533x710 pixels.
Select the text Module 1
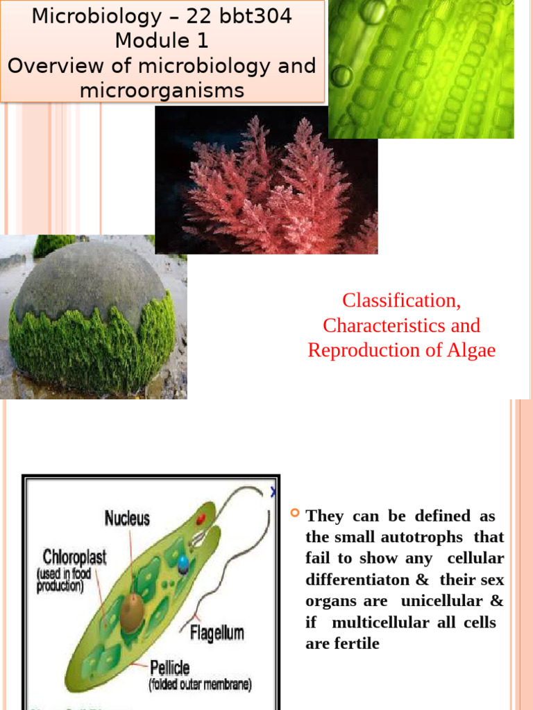pyautogui.click(x=162, y=41)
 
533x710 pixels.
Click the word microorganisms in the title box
pyautogui.click(x=162, y=90)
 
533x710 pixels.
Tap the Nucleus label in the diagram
pyautogui.click(x=127, y=518)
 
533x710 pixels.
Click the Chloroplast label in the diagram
pyautogui.click(x=74, y=556)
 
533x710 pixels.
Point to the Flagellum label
pyautogui.click(x=217, y=632)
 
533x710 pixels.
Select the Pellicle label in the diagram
pyautogui.click(x=169, y=668)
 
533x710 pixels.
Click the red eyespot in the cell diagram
pyautogui.click(x=201, y=519)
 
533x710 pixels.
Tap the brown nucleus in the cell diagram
pyautogui.click(x=131, y=611)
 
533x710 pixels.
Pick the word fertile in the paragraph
pyautogui.click(x=356, y=643)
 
